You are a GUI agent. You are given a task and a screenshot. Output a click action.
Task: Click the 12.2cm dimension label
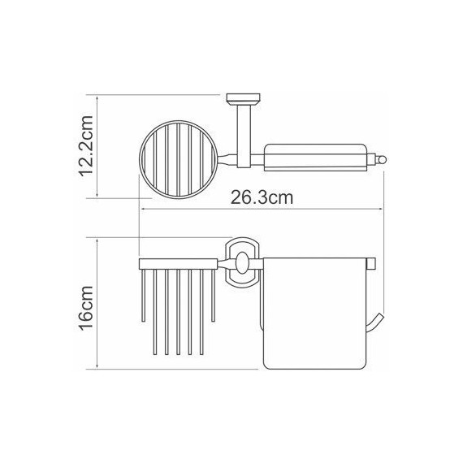86,146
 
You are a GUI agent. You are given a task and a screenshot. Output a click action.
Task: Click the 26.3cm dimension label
262,197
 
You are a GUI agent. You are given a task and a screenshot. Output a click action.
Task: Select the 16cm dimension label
86,307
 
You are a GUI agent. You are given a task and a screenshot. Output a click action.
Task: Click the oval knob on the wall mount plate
242,263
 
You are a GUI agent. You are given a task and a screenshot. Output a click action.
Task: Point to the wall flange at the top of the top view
244,97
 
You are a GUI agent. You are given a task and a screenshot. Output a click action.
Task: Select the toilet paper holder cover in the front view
315,314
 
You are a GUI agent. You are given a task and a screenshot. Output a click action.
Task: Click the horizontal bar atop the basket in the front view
179,264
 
